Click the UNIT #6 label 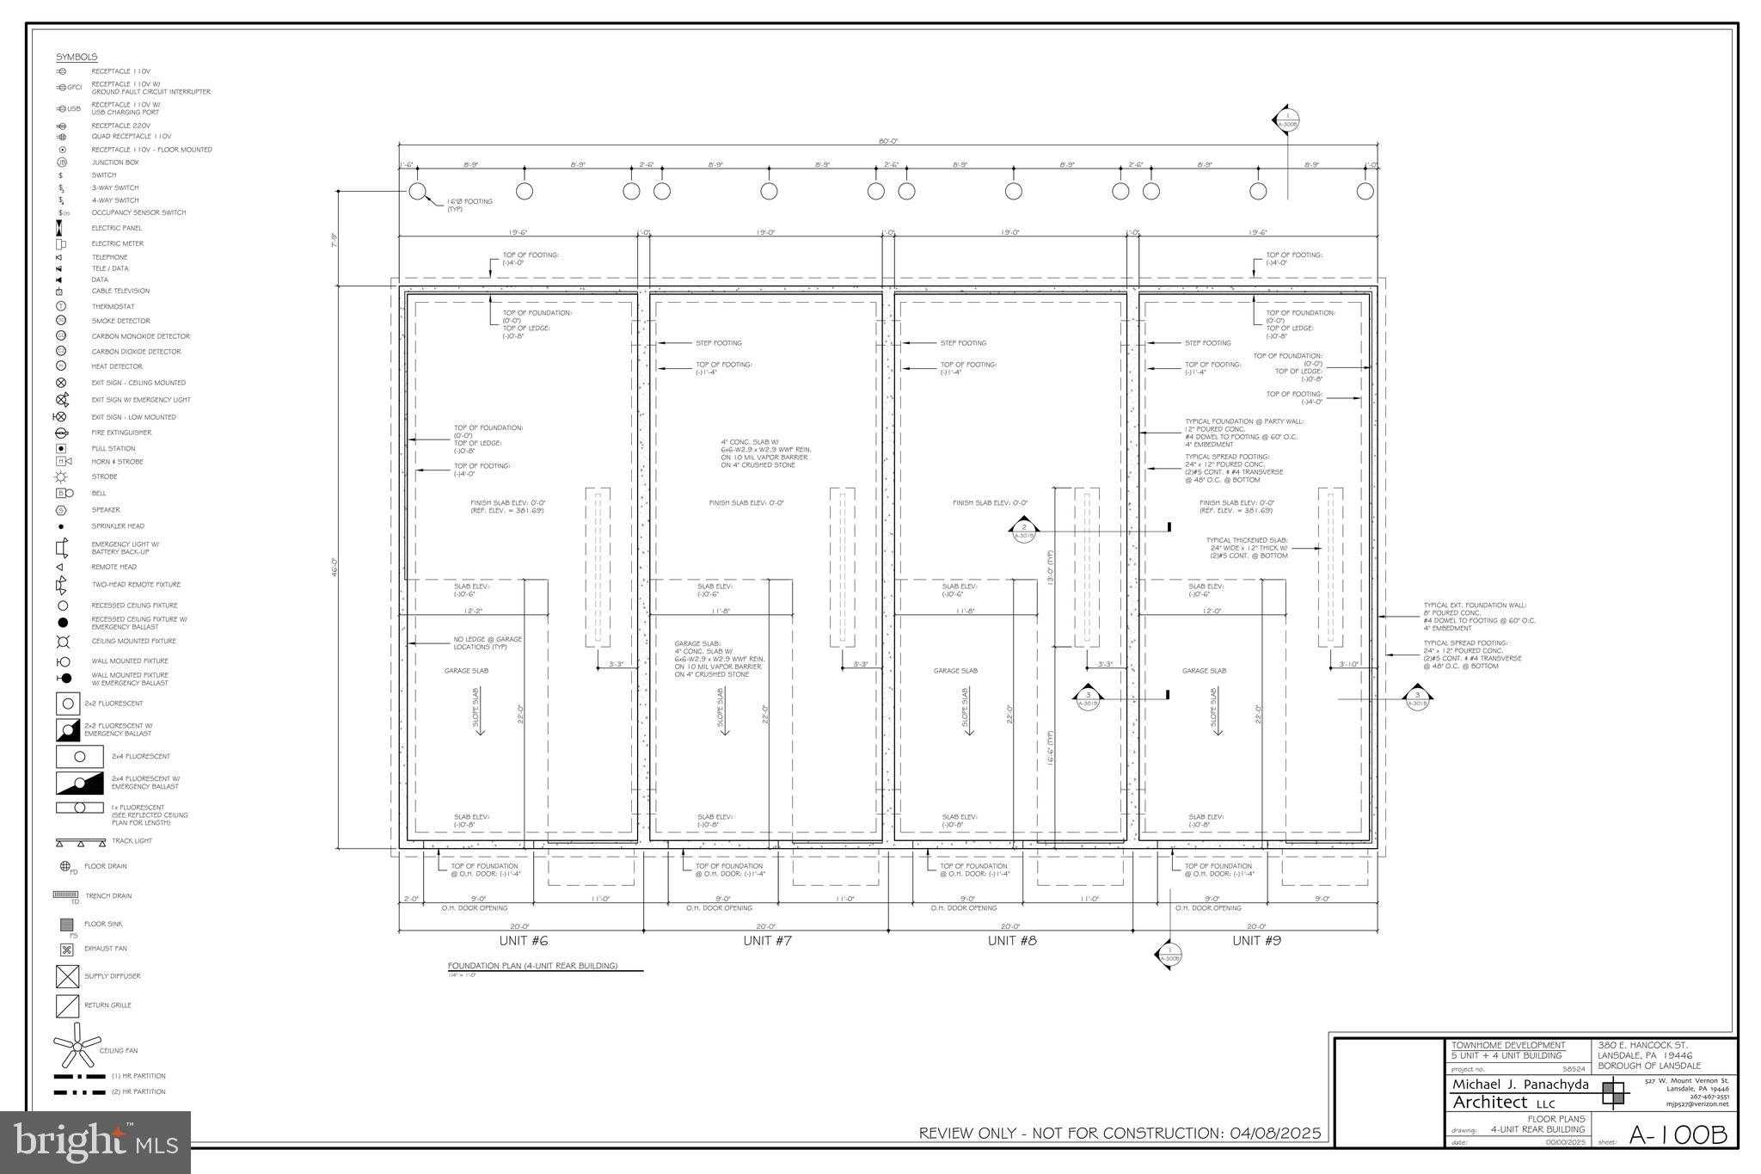point(523,941)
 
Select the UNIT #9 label point(1256,941)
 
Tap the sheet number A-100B point(1678,1135)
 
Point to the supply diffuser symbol point(67,976)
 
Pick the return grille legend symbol point(67,1005)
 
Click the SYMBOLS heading point(77,57)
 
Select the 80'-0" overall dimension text point(888,141)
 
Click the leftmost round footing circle point(417,191)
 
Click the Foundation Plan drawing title point(533,966)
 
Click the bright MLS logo point(95,1142)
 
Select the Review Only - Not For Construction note point(1120,1134)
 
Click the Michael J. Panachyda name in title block point(1520,1085)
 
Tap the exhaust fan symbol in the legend point(67,950)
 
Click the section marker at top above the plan point(1287,120)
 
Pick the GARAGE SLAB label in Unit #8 point(955,671)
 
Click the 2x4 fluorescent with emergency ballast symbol point(79,783)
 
